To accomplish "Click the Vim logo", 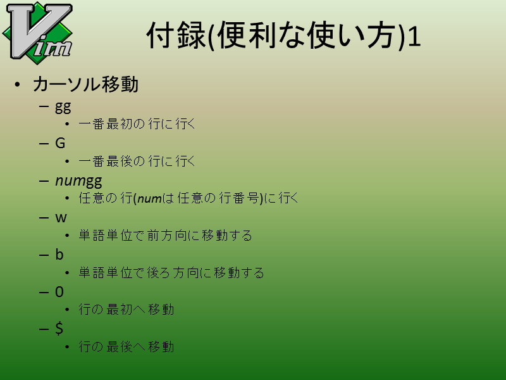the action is [x=38, y=32].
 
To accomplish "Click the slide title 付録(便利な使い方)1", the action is [x=283, y=35].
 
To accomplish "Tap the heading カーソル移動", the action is [x=85, y=84].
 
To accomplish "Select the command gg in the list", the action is [x=63, y=107].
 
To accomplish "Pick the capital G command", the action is [x=60, y=143].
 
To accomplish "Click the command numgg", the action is [x=78, y=181].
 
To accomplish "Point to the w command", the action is [x=61, y=218].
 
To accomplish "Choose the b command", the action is [x=59, y=255].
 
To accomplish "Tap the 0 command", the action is [x=59, y=292].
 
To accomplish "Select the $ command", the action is [x=59, y=328].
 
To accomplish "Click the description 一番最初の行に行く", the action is [x=137, y=124].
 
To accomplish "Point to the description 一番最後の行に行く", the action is [x=137, y=161].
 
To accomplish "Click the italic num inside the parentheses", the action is [x=149, y=198].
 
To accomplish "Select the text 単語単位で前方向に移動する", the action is [x=165, y=236].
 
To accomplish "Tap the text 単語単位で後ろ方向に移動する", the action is [x=171, y=273].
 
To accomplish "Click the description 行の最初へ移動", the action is [x=126, y=310].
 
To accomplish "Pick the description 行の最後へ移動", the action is [x=126, y=347].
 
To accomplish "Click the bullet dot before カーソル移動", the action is [x=17, y=85].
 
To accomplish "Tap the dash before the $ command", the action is [x=44, y=329].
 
